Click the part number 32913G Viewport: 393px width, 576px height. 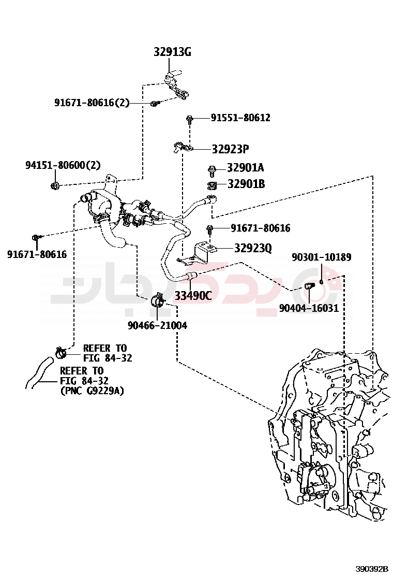coord(172,52)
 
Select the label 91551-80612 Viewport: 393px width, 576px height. coord(240,118)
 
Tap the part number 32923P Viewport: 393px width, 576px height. coord(230,149)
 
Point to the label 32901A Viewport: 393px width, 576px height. coord(246,168)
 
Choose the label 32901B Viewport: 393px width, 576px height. coord(246,184)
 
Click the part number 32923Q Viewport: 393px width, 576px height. coord(252,248)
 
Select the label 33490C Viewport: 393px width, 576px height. coord(193,296)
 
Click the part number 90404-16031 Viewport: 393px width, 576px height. coord(309,308)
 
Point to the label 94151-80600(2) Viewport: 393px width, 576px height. coord(63,165)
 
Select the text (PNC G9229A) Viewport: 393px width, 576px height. coord(93,391)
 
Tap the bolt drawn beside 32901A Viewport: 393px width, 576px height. coord(211,169)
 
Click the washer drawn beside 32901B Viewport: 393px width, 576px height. coord(211,184)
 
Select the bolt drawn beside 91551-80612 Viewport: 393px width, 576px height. coord(190,119)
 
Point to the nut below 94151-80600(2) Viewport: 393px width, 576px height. coord(55,185)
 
